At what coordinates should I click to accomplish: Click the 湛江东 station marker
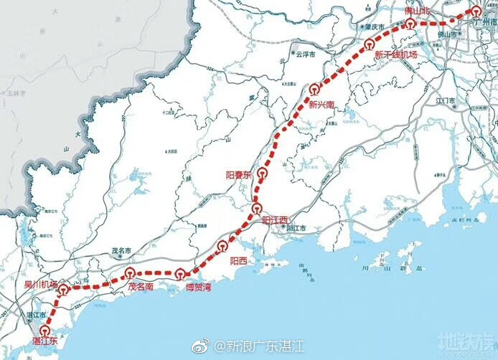[x=45, y=331]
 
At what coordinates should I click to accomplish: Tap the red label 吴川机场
[x=40, y=285]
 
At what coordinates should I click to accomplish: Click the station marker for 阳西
[x=222, y=247]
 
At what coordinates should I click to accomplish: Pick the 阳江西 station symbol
[x=259, y=209]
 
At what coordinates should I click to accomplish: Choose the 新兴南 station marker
[x=314, y=90]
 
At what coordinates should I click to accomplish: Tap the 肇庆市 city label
[x=373, y=28]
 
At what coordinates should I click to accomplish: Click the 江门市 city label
[x=446, y=100]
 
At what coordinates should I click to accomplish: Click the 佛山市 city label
[x=448, y=34]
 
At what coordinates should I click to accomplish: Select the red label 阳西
[x=238, y=262]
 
